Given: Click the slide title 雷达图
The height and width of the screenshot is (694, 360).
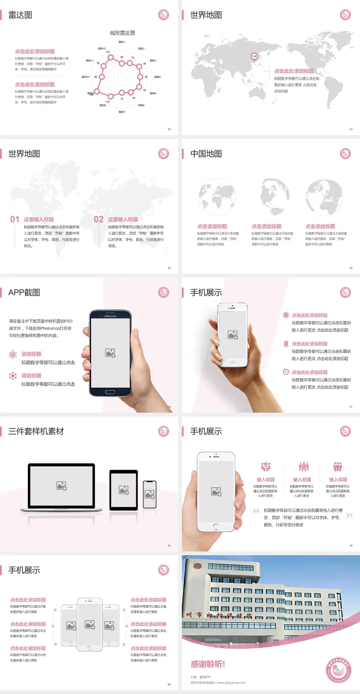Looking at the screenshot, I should [20, 15].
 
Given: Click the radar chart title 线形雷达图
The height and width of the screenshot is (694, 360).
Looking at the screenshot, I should [122, 33].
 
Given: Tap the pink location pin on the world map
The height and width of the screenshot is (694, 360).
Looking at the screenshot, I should [254, 57].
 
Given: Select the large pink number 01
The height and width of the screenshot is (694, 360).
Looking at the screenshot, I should [15, 219].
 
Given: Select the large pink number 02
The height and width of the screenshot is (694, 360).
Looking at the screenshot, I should [99, 219].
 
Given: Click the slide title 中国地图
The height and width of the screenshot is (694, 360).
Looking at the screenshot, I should [206, 154].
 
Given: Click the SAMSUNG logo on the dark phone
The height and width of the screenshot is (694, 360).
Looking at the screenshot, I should [110, 316].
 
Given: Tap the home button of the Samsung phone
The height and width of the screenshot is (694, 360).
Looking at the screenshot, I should [110, 392].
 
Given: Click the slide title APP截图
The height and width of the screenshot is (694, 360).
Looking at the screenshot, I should [24, 293].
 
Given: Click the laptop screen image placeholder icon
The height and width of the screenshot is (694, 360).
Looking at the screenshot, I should [61, 486].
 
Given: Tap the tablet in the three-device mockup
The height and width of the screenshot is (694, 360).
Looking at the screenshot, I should [124, 490].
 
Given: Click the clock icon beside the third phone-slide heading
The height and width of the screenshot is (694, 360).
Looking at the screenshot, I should [286, 372].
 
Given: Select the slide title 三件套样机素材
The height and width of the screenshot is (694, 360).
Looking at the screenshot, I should [36, 431].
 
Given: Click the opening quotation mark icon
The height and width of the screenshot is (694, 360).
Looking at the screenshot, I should [256, 511].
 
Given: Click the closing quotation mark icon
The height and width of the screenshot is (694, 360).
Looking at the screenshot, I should [349, 515].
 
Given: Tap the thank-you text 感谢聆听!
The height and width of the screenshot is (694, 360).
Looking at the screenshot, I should [208, 664].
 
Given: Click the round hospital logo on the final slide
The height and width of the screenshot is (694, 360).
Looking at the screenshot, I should [339, 670].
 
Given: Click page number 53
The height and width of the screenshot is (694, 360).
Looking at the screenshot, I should [351, 129].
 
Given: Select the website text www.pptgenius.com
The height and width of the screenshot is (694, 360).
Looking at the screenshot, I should [231, 683].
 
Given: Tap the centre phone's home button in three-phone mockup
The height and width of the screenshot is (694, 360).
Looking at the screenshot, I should [90, 648].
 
